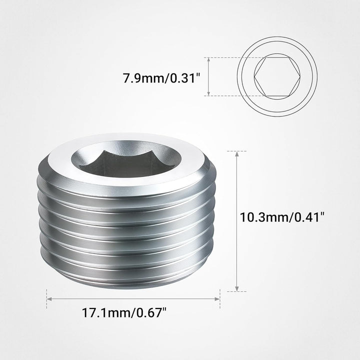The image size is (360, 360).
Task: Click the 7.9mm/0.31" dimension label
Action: click(161, 78)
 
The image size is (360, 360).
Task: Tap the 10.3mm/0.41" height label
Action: click(282, 217)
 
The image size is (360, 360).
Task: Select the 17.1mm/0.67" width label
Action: click(124, 314)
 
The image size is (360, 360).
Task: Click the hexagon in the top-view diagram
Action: click(276, 77)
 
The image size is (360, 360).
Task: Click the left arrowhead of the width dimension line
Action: click(49, 299)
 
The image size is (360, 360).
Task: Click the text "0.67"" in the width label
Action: click(151, 314)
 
